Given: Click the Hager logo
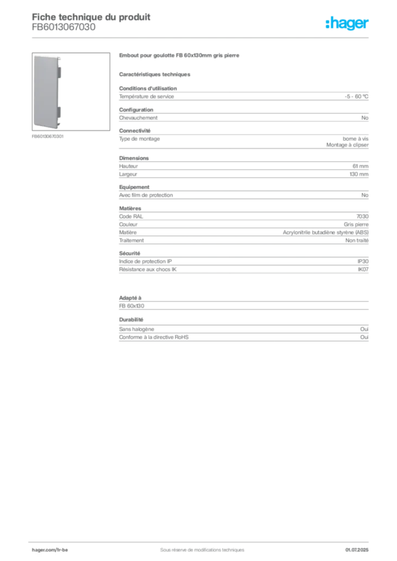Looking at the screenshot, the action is pos(347,24).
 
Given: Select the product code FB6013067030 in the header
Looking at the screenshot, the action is pos(64,27).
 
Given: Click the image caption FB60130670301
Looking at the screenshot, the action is pos(48,136).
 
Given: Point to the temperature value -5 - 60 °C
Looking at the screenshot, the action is pos(356,96).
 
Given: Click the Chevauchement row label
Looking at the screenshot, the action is pos(138,118).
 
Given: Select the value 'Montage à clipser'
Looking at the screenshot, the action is pos(347,145).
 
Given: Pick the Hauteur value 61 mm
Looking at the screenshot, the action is pos(360,166).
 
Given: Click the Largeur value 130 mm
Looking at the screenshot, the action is pos(359,174).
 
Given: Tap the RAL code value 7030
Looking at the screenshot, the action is pos(362,216).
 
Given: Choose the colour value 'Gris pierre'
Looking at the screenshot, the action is pos(356,224).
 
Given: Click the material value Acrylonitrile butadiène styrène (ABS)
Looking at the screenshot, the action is pos(326,232).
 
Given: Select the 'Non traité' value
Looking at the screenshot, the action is pos(357,241).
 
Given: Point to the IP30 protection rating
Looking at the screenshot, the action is pos(363,261).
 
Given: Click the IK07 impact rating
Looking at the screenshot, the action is pos(363,270).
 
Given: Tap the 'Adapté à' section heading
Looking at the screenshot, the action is pos(131,297).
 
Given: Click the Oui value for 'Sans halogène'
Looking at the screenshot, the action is pos(365,329).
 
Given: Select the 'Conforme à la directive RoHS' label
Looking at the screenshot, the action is pos(154,337).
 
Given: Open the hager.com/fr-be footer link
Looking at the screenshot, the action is pos(50,550).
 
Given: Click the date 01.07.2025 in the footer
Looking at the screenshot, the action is pos(357,550).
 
